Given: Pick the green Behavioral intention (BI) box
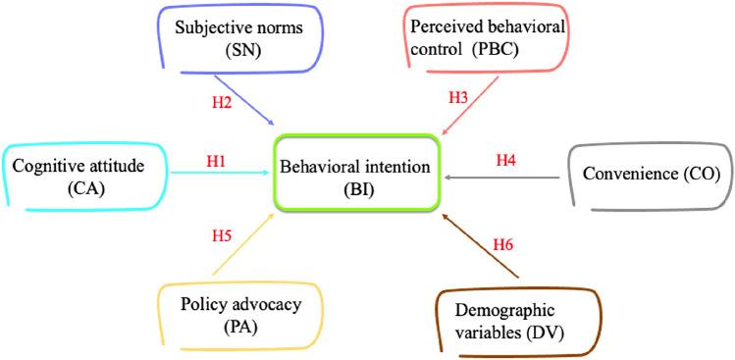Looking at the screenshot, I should click(x=354, y=177).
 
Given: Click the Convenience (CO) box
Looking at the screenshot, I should click(x=651, y=177).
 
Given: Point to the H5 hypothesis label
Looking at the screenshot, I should click(x=223, y=235).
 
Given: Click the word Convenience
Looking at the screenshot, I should click(x=632, y=177).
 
